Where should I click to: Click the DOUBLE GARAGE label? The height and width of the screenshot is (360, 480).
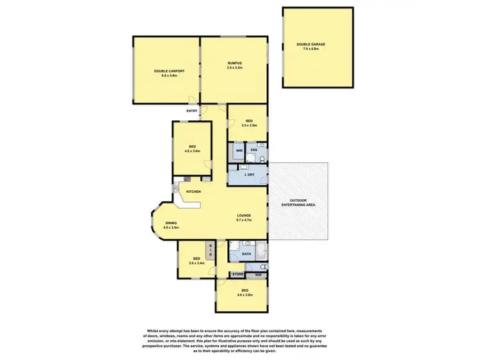311,44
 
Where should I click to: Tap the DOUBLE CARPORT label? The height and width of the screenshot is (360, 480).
164,71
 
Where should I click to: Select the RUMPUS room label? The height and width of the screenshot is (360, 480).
234,63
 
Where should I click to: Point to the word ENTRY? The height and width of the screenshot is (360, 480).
192,111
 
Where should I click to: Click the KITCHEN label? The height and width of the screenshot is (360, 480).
193,192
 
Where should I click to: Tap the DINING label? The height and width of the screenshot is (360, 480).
170,223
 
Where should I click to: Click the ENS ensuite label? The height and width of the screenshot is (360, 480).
253,151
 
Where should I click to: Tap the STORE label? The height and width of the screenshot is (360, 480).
238,275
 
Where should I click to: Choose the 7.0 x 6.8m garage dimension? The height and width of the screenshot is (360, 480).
311,49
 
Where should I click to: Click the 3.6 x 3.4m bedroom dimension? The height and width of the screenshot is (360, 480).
196,263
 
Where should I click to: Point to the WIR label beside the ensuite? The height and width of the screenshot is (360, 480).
238,151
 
